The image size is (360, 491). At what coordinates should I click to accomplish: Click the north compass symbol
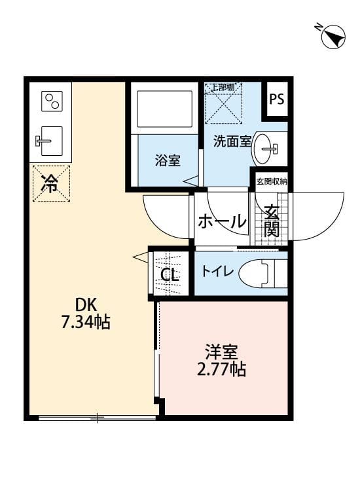click(x=333, y=37)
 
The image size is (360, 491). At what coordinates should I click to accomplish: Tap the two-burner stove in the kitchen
click(x=51, y=101)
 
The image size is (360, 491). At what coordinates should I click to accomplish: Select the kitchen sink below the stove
click(x=50, y=140)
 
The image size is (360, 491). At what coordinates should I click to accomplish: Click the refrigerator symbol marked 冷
click(x=50, y=183)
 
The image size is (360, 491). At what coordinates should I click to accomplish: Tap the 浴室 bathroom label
click(x=168, y=160)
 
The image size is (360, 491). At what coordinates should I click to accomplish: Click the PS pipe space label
click(x=277, y=100)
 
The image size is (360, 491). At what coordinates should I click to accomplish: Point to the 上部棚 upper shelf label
click(x=224, y=87)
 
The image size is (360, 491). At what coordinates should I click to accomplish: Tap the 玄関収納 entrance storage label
click(x=271, y=181)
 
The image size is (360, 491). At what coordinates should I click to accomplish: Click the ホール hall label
click(x=221, y=221)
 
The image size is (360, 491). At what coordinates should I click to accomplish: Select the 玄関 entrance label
click(x=271, y=221)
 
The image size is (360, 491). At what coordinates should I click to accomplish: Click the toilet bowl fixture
click(x=262, y=273)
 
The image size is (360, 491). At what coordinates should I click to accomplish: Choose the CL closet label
click(x=170, y=274)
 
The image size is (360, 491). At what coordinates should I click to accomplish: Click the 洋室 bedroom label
click(x=221, y=352)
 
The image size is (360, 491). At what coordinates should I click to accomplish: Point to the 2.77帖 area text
click(x=221, y=369)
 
